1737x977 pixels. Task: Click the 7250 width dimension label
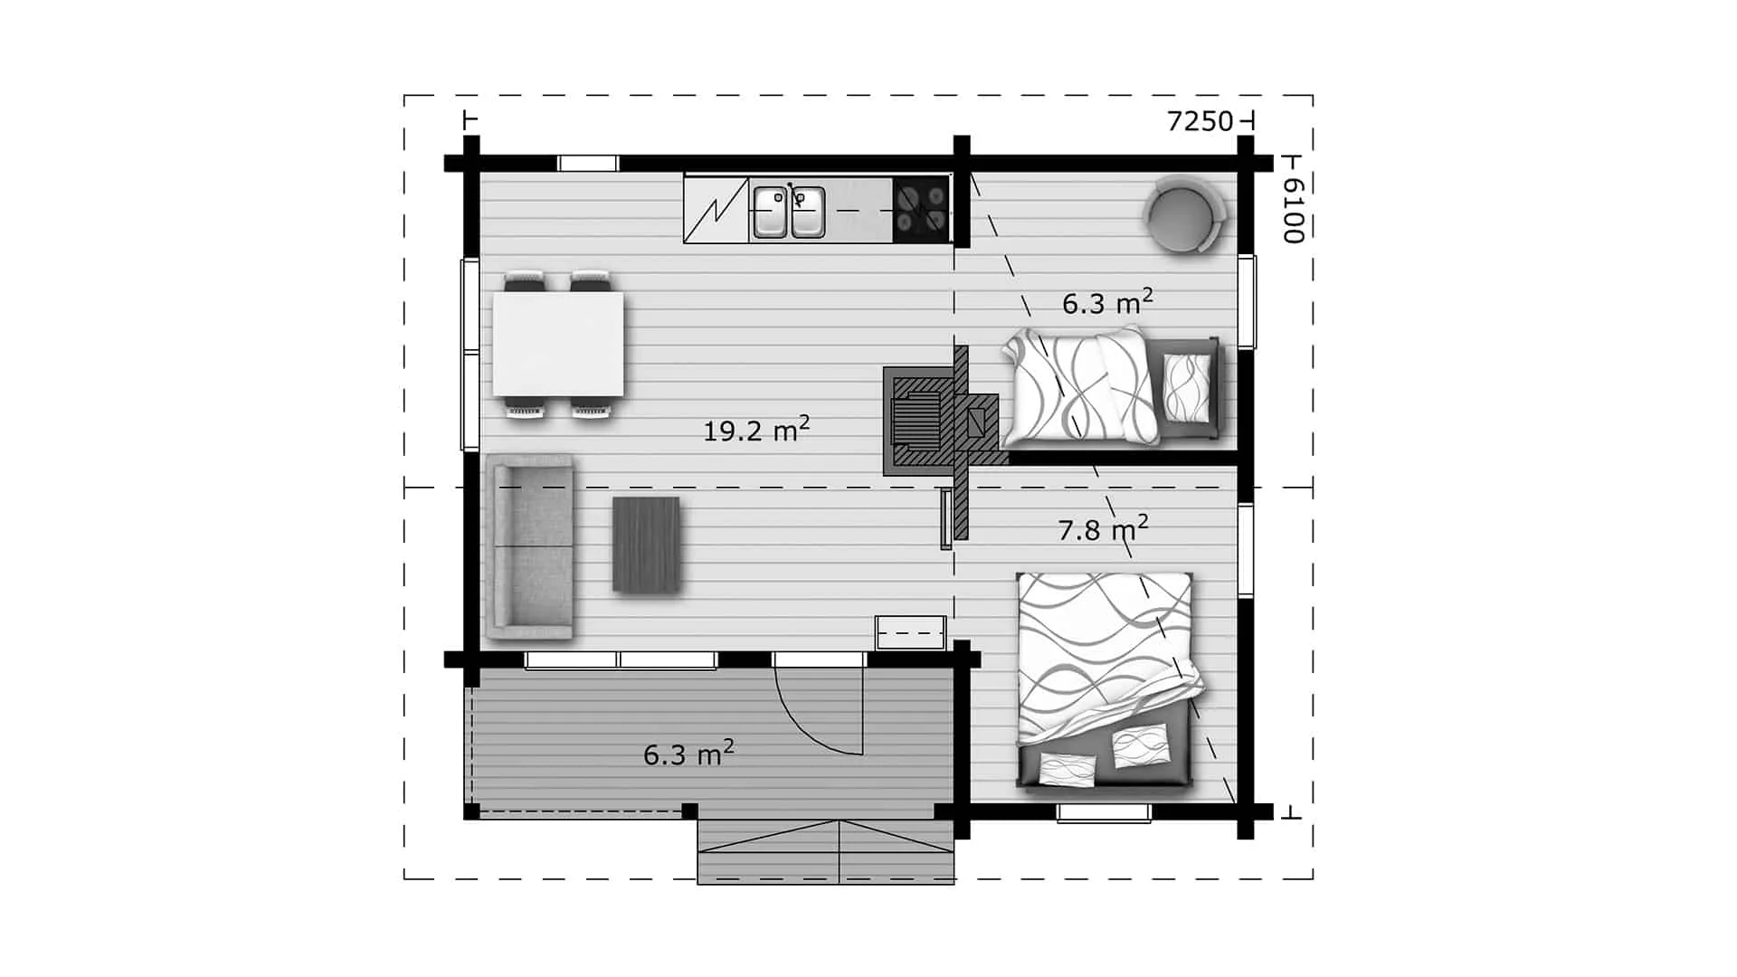point(1200,121)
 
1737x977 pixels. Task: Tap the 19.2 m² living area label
point(756,429)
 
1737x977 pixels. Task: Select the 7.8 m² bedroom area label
point(1104,528)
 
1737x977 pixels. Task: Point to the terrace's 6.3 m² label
point(688,753)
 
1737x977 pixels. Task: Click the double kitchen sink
point(789,212)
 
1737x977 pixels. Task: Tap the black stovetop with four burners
point(921,210)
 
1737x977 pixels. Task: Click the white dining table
point(558,344)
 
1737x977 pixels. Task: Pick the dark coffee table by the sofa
point(646,545)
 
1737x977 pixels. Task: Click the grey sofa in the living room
point(530,547)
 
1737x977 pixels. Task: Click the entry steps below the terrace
point(826,851)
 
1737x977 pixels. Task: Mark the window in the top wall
point(587,164)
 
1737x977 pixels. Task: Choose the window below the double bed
point(1105,813)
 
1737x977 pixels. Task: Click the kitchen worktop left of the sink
point(717,210)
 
